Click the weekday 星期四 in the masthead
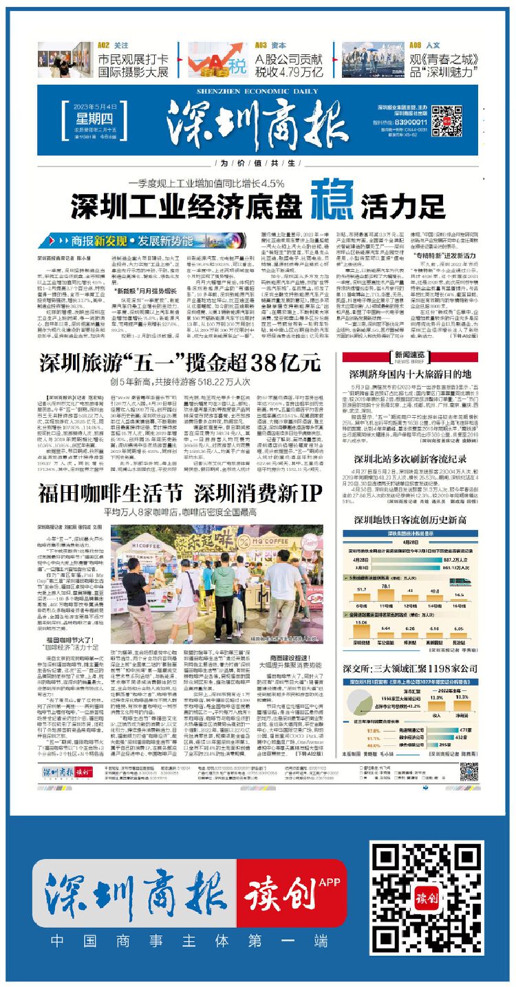tap(93, 113)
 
